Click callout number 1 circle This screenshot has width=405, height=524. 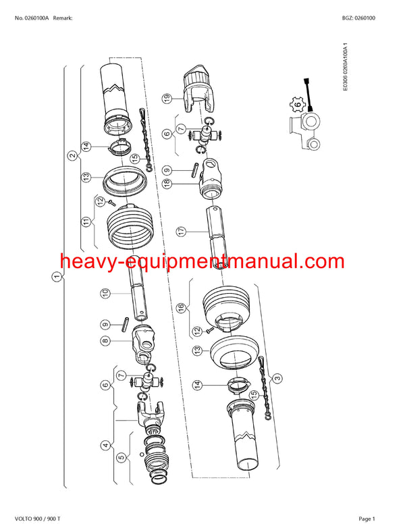pos(57,276)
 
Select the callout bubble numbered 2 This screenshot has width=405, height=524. pos(72,155)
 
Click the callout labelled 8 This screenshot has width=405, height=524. pos(105,342)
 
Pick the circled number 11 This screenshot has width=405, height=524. pos(86,221)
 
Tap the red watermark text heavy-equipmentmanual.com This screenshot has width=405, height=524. pos(202,261)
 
